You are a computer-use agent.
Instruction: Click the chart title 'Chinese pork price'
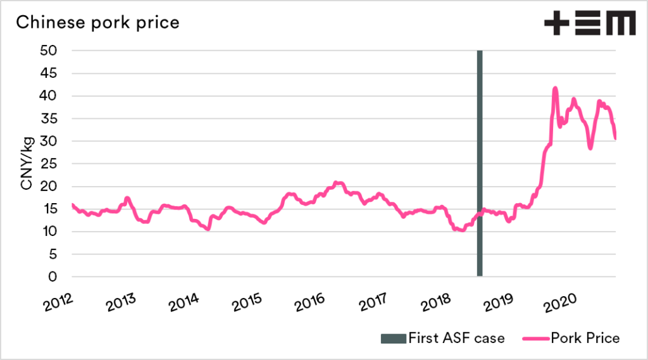pyautogui.click(x=97, y=23)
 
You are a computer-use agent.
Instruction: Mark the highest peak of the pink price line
pyautogui.click(x=555, y=88)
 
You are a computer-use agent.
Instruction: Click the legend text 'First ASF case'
pyautogui.click(x=456, y=338)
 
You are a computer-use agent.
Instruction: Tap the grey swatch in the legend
pyautogui.click(x=392, y=338)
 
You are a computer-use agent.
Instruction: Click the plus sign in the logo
pyautogui.click(x=556, y=23)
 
